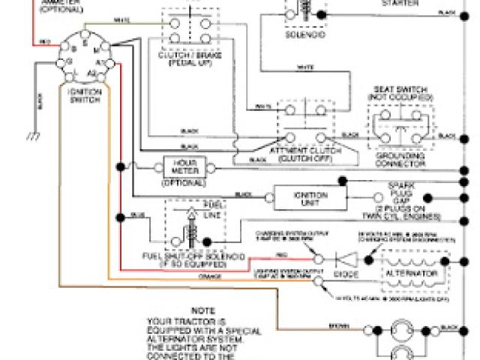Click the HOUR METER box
pos(184,166)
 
